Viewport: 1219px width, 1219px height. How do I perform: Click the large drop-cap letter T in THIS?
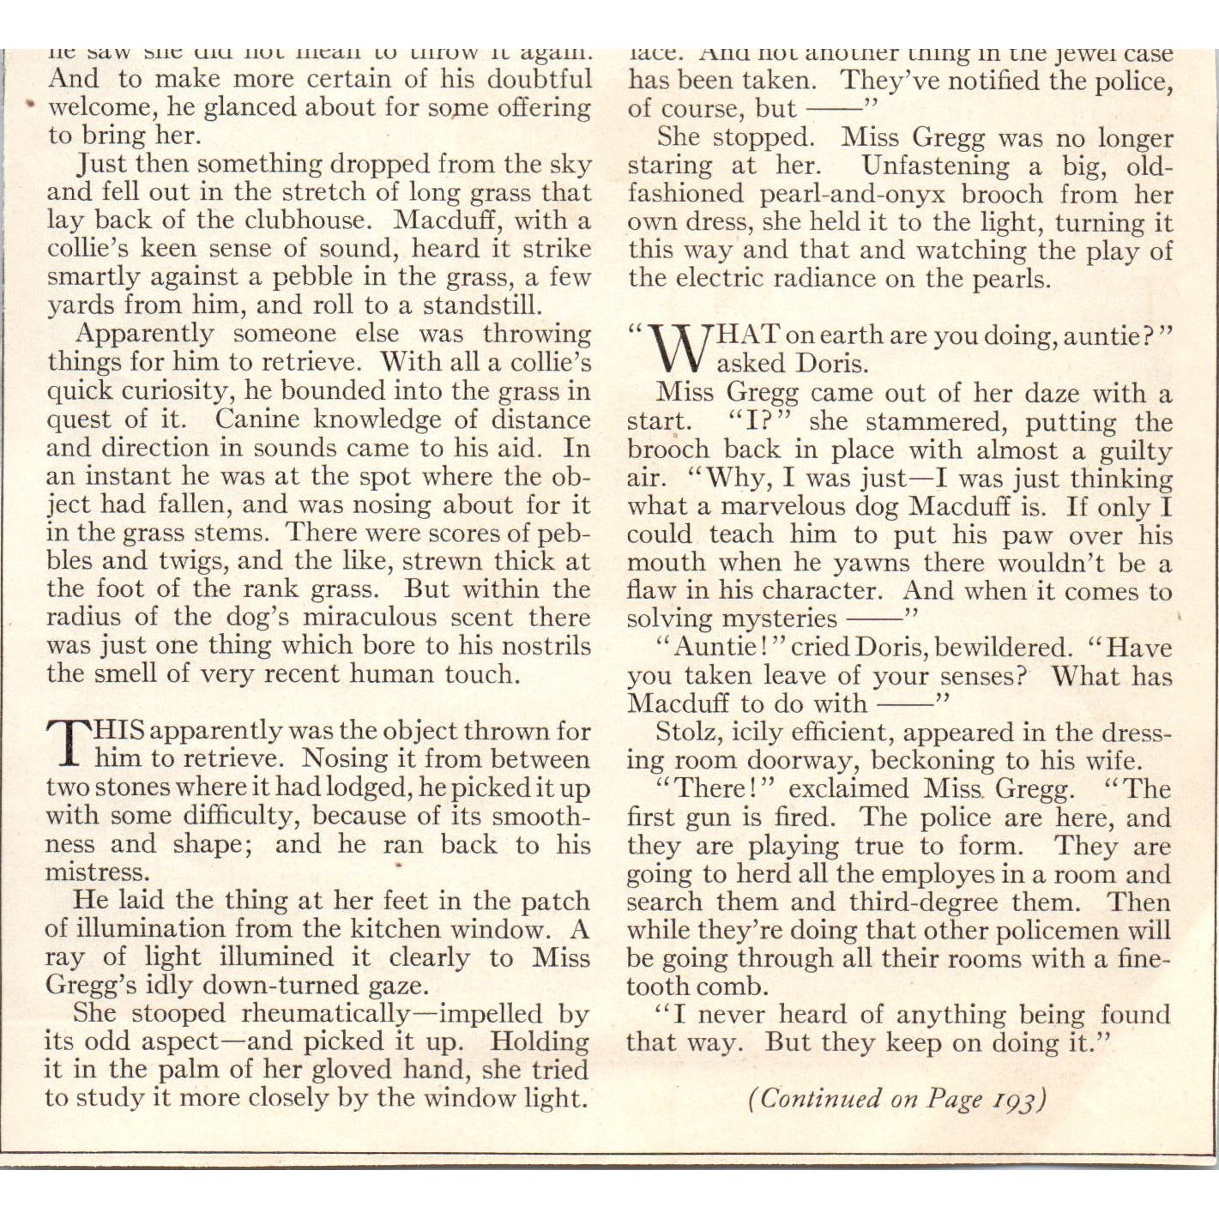tap(68, 744)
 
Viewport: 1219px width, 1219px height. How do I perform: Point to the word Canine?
tap(256, 419)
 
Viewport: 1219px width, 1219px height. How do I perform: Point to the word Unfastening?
tap(936, 166)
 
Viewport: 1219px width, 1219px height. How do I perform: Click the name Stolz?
tap(683, 733)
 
